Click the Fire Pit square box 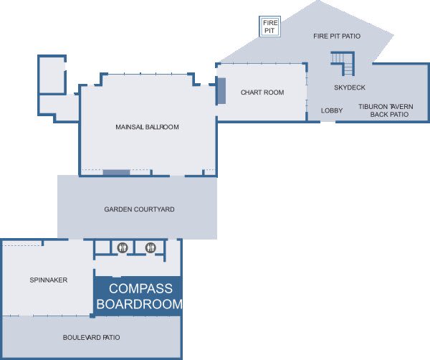pos(270,27)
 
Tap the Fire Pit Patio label pos(337,36)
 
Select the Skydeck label pos(350,87)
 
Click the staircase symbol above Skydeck pos(343,63)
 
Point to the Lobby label pos(332,110)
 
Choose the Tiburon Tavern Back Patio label pos(386,110)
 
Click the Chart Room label pos(262,93)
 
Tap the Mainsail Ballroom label pos(147,127)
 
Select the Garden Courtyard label pos(139,209)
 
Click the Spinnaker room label pos(49,280)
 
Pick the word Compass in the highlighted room pos(140,289)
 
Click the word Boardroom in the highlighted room pos(139,304)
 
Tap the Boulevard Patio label pos(91,338)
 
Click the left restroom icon pos(123,248)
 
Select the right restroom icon pos(150,248)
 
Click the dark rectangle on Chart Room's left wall pos(221,91)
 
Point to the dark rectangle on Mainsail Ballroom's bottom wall pos(116,173)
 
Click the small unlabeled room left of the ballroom pos(52,75)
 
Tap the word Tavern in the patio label pos(401,107)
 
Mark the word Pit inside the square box pos(269,30)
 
